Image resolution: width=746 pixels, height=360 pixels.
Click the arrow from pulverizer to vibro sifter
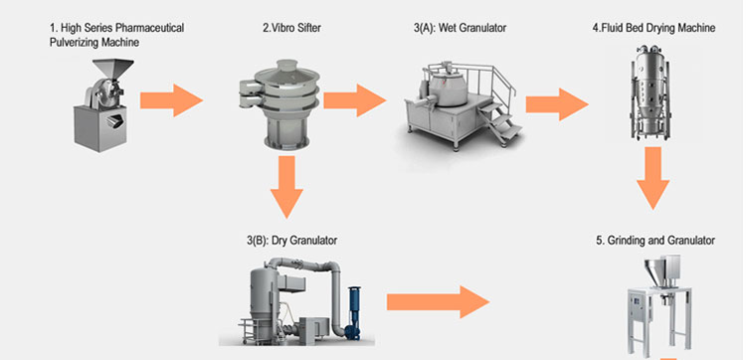(x=170, y=99)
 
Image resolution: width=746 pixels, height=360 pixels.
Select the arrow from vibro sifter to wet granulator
(x=355, y=99)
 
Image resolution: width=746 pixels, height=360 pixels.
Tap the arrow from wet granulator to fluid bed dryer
(x=558, y=102)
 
